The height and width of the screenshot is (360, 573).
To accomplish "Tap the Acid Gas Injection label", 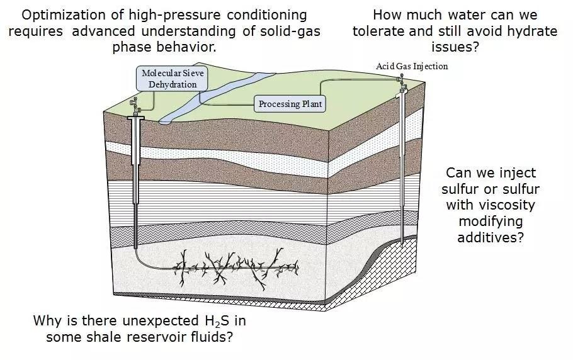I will tap(412, 66).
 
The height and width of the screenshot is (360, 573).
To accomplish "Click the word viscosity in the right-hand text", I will tap(491, 205).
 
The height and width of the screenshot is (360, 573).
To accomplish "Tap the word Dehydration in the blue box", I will tap(173, 84).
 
